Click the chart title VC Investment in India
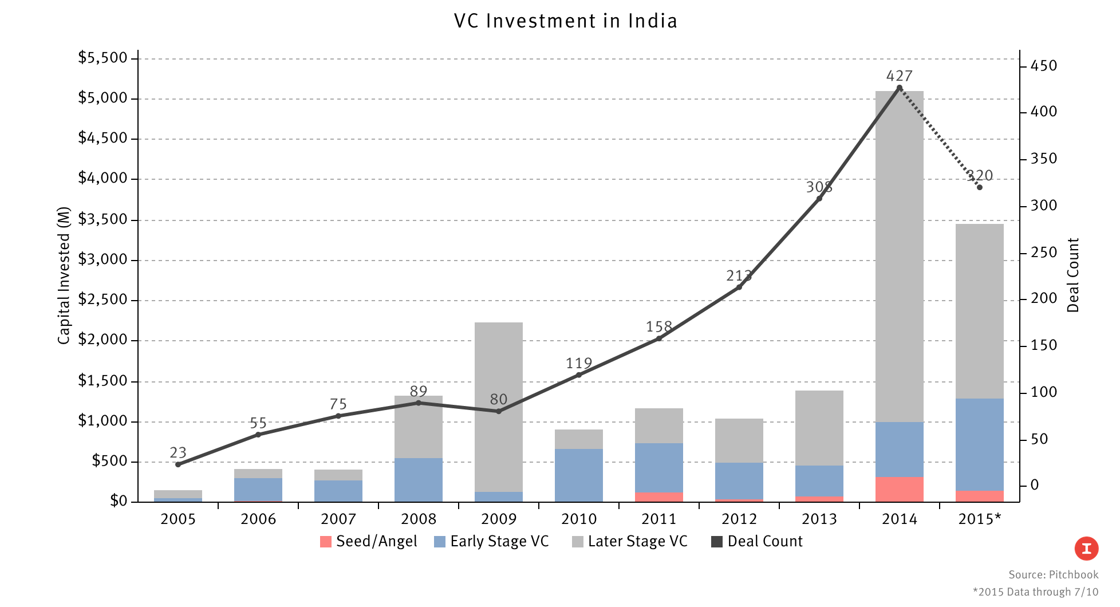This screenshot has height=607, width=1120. pyautogui.click(x=565, y=21)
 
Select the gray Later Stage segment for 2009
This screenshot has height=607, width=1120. pyautogui.click(x=498, y=407)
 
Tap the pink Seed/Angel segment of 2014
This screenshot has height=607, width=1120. pyautogui.click(x=899, y=490)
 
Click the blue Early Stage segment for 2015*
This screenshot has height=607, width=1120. pyautogui.click(x=979, y=444)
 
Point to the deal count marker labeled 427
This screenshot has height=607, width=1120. pyautogui.click(x=899, y=88)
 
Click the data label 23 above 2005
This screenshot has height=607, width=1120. pyautogui.click(x=178, y=452)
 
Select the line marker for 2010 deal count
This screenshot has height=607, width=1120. pyautogui.click(x=578, y=375)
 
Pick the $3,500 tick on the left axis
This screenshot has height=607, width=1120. pyautogui.click(x=102, y=219)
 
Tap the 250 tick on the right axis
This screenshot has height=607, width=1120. pyautogui.click(x=1043, y=253)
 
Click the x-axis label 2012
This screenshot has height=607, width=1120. pyautogui.click(x=739, y=519)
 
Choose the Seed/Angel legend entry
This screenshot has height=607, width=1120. pyautogui.click(x=369, y=541)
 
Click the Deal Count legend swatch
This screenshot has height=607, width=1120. pyautogui.click(x=716, y=542)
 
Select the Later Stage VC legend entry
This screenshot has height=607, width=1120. pyautogui.click(x=630, y=541)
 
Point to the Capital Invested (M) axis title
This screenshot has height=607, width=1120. pyautogui.click(x=63, y=275)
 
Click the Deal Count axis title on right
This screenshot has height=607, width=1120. pyautogui.click(x=1072, y=275)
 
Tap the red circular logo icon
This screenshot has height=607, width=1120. pyautogui.click(x=1086, y=549)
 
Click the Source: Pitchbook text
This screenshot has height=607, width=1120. pyautogui.click(x=1053, y=574)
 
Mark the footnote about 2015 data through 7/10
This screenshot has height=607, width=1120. pyautogui.click(x=1035, y=592)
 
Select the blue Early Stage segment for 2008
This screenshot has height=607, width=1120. pyautogui.click(x=418, y=480)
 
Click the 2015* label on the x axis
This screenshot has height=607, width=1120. pyautogui.click(x=979, y=519)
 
